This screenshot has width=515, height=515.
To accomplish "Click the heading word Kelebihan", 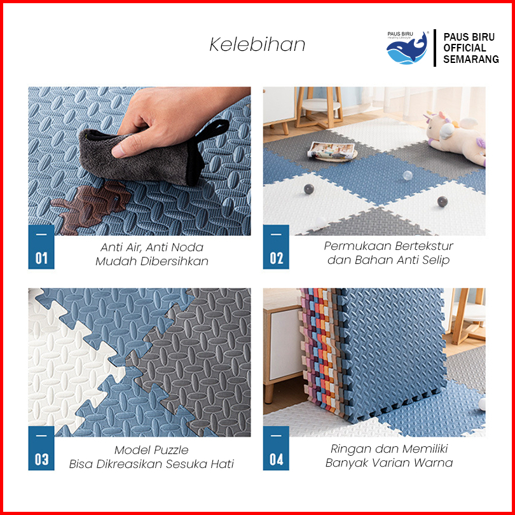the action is click(x=257, y=45).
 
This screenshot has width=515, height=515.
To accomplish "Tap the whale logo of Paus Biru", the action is click(x=407, y=48).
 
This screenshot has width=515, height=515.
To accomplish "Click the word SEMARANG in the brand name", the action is click(x=471, y=59).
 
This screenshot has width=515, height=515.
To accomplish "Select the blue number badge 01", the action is click(x=41, y=247).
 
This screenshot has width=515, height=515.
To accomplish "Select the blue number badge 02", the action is click(x=276, y=247).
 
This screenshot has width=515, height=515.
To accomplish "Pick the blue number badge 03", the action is click(x=41, y=448).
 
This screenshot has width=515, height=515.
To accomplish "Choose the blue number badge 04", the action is click(x=276, y=448).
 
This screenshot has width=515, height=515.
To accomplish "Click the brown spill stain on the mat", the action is click(x=90, y=208).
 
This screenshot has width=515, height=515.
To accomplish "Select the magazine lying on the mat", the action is click(x=331, y=151).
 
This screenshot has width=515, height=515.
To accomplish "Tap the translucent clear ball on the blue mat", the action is click(x=408, y=175).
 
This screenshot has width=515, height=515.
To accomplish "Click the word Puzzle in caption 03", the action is click(x=170, y=450).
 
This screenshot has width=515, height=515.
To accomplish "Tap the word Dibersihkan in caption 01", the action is click(x=174, y=261).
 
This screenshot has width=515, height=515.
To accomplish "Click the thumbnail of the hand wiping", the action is click(x=139, y=161).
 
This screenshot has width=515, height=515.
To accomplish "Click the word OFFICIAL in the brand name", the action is click(x=464, y=48).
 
